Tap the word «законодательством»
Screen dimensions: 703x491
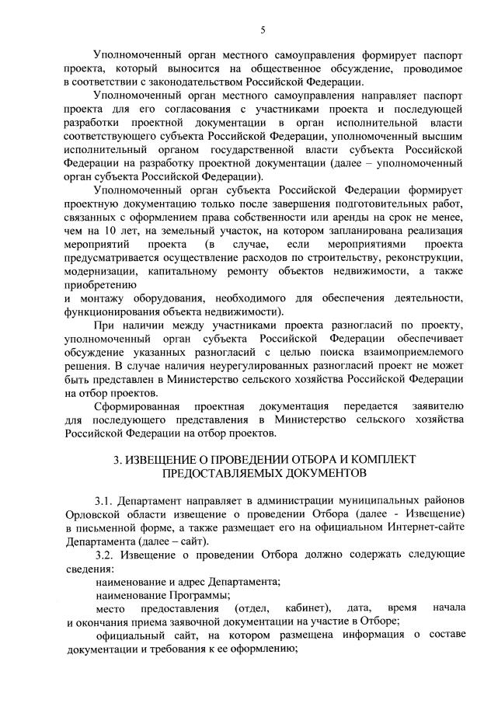coord(175,82)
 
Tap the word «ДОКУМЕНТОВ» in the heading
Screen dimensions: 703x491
coord(316,472)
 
